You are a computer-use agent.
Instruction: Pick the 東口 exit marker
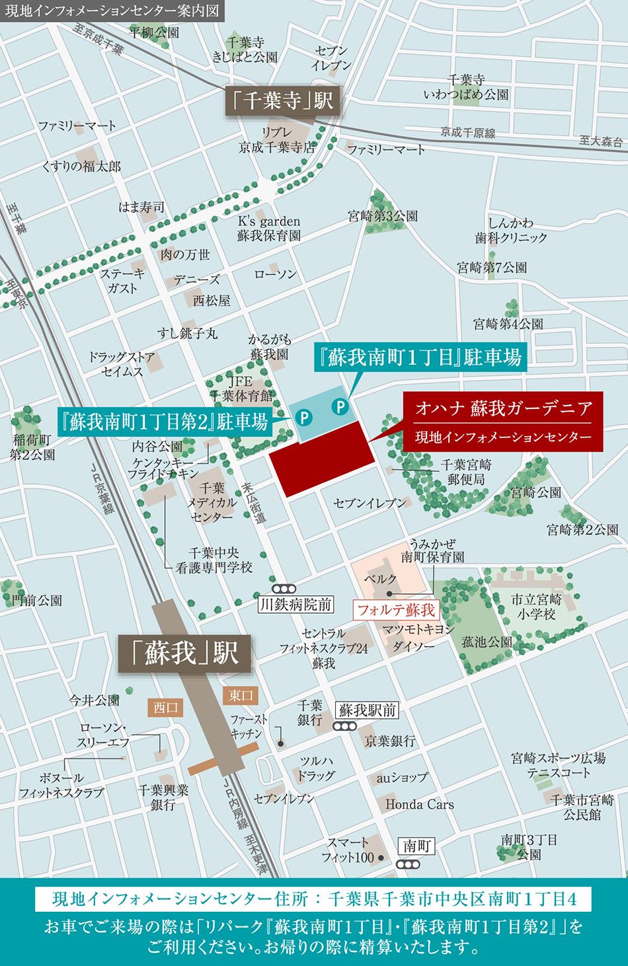[238, 695]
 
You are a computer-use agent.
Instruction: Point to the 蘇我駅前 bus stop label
[368, 710]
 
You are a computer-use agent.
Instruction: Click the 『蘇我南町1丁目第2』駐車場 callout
[163, 422]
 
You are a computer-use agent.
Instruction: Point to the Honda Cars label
[420, 804]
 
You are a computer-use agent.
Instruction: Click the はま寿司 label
[141, 207]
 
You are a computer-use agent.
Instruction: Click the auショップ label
[402, 778]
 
